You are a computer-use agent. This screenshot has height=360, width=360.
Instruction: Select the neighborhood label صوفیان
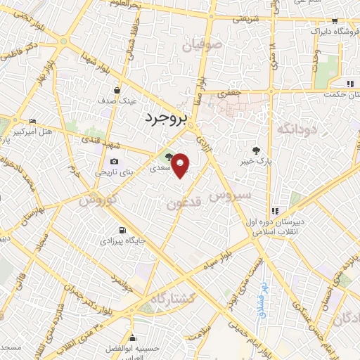203,48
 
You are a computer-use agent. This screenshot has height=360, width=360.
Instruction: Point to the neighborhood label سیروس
232,193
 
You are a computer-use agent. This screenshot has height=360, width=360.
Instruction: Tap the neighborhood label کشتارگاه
167,299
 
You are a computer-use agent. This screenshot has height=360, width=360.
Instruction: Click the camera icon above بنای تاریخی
114,162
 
